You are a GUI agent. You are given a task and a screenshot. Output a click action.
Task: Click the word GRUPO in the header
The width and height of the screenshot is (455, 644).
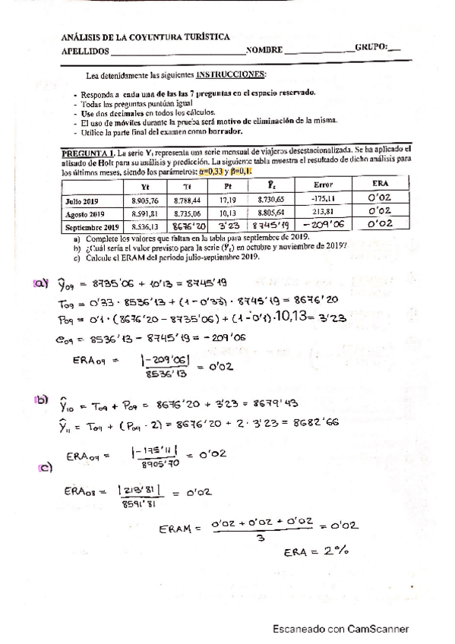click(370, 47)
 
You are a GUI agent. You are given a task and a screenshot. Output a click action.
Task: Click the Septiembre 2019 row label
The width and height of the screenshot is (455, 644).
click(90, 228)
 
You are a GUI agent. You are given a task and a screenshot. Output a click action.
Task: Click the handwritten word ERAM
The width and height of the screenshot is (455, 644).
click(180, 529)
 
